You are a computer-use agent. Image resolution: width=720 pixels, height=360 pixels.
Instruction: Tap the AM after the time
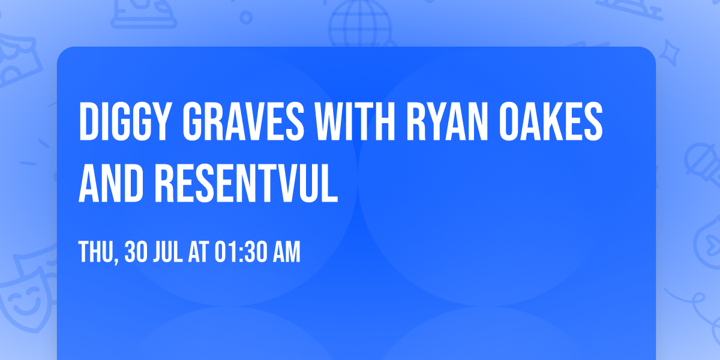[286, 253]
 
